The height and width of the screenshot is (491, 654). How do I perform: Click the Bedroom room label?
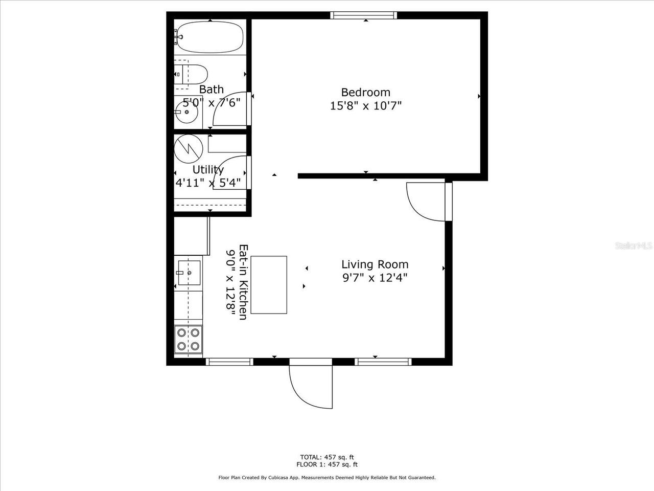[365, 93]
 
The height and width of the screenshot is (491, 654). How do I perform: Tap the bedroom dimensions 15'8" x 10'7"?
[365, 106]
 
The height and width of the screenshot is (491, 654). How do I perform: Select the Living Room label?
[375, 264]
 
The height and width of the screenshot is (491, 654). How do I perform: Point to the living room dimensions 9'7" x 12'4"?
[375, 278]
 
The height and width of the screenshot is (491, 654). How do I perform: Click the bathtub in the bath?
[210, 37]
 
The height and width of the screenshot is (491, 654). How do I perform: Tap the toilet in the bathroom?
[191, 74]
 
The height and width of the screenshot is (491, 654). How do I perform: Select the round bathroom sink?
[187, 112]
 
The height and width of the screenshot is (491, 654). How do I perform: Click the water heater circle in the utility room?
[189, 149]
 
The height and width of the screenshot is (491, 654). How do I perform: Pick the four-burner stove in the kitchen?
[188, 340]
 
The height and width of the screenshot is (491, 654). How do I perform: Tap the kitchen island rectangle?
[268, 285]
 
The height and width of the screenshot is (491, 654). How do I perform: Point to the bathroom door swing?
[231, 109]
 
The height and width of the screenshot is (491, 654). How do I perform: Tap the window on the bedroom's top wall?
[363, 15]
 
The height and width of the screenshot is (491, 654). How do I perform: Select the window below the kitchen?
[229, 362]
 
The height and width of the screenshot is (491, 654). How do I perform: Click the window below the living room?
[383, 362]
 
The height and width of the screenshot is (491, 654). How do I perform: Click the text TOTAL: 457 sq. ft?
[326, 457]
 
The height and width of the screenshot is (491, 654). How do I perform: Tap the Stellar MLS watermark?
[634, 246]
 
